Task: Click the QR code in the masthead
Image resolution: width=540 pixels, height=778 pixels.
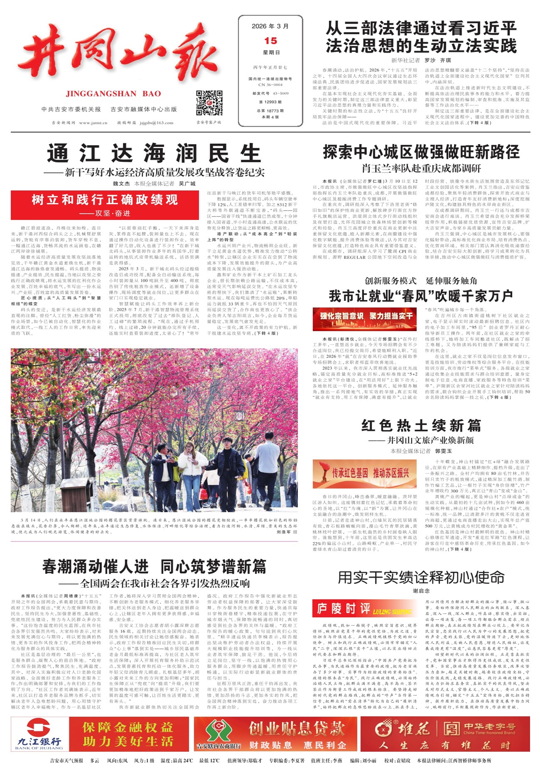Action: pos(209,103)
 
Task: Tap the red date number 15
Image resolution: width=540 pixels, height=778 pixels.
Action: pos(271,41)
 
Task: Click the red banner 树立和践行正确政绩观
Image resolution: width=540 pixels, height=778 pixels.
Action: pos(105,200)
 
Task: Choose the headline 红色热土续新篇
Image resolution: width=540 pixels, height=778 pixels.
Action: pos(421,425)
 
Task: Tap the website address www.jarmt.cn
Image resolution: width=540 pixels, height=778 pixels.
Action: pos(93,123)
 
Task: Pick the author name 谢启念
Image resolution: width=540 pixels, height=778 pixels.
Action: pos(421,590)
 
